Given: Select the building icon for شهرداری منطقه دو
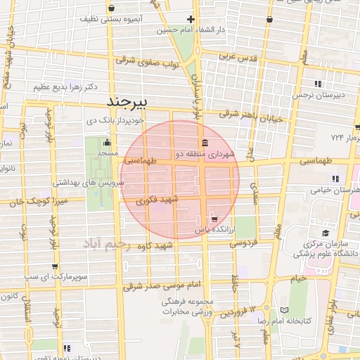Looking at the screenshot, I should tap(203, 143).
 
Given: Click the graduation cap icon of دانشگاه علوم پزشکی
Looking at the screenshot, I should tap(326, 233).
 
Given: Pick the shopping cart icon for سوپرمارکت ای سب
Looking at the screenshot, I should tap(55, 266).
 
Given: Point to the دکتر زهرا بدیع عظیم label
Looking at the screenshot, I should tap(65, 87).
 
